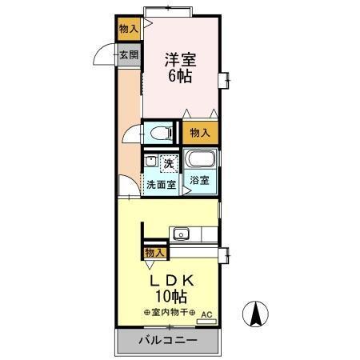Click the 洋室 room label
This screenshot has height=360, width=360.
click(181, 58)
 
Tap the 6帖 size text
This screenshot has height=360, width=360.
click(180, 77)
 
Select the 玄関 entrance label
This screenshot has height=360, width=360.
click(128, 55)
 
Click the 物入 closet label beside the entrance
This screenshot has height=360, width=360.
click(128, 29)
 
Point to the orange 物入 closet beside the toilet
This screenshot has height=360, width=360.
click(200, 133)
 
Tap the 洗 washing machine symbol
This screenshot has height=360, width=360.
click(168, 164)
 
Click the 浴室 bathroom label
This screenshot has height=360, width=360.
click(200, 181)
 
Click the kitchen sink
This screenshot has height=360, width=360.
click(181, 234)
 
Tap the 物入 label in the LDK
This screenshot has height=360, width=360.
click(154, 253)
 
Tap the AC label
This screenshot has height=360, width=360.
click(206, 314)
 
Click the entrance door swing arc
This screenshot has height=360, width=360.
click(105, 58)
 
